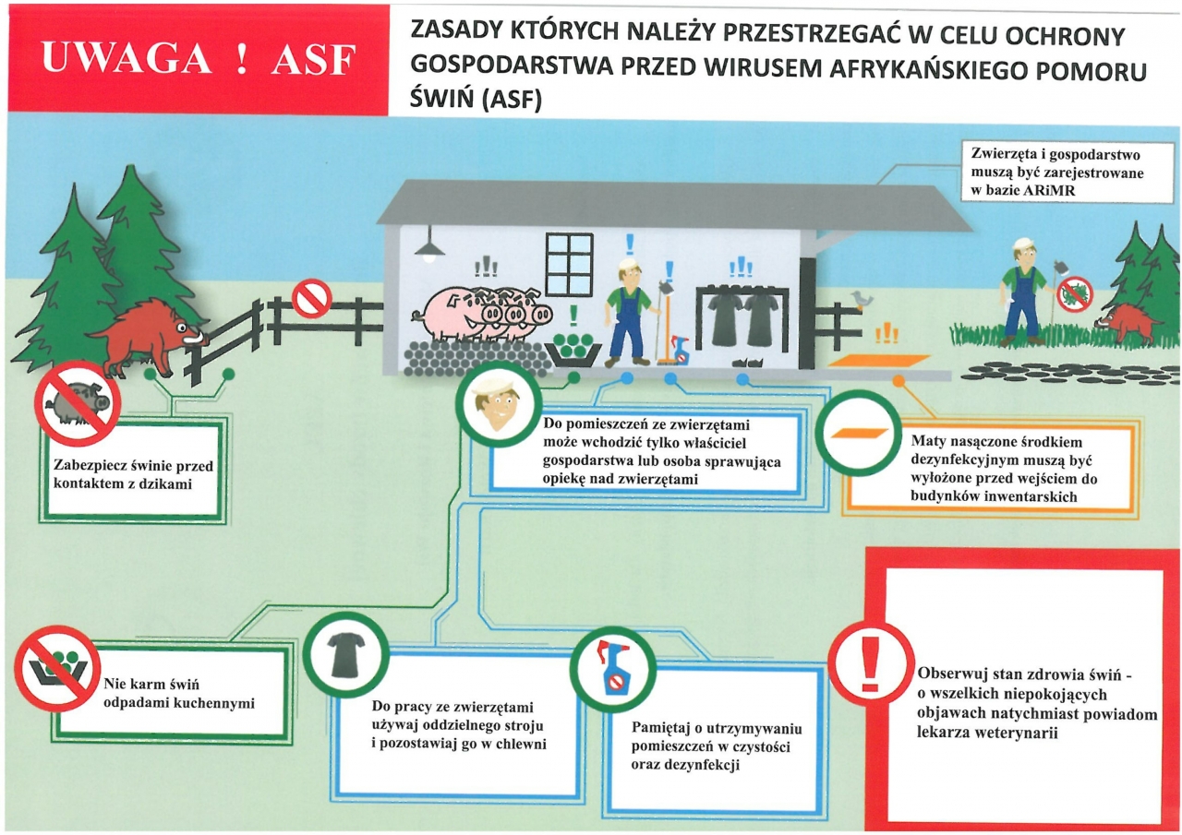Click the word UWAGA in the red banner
click(x=127, y=57)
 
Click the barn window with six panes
click(x=569, y=264)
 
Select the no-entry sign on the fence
click(x=312, y=298)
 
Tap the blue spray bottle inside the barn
click(x=679, y=349)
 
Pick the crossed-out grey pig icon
click(x=78, y=403)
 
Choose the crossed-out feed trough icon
click(x=57, y=668)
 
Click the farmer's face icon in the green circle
click(x=498, y=404)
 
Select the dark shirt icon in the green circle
click(x=346, y=655)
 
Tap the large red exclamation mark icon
click(x=871, y=663)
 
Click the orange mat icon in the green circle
click(x=858, y=433)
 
